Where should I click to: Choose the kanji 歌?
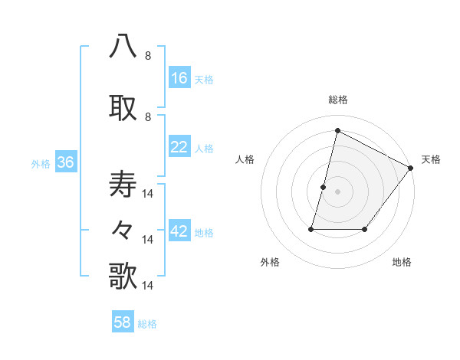(x=123, y=276)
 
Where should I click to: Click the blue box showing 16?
(x=179, y=78)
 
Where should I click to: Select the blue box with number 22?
(x=179, y=147)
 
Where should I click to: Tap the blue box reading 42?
(x=179, y=232)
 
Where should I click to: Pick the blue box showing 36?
(x=65, y=162)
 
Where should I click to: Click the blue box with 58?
(x=123, y=322)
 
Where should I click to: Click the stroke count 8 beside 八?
(x=148, y=55)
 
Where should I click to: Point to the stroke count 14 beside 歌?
(x=149, y=285)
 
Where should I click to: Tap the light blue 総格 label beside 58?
(x=147, y=324)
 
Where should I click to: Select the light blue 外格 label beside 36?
(x=41, y=163)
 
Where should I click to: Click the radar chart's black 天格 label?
(x=431, y=159)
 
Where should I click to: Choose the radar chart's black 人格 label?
(x=245, y=159)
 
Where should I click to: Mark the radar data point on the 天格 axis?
(x=411, y=168)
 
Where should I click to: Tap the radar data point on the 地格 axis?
(x=365, y=229)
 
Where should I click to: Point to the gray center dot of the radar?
(x=337, y=191)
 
